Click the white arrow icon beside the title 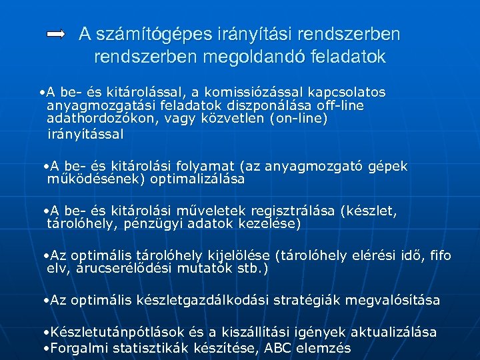pos(56,34)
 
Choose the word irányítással pos(85,134)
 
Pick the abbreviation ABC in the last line pos(279,347)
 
